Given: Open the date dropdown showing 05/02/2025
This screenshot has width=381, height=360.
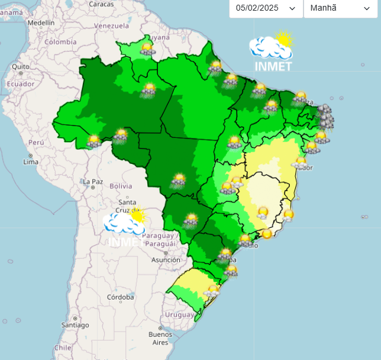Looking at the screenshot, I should [x=266, y=8].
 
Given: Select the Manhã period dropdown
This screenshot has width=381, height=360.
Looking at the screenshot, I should [x=340, y=8].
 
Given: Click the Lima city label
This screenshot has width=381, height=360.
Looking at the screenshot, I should [x=30, y=162].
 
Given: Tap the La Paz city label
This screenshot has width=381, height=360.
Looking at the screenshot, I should [x=93, y=181].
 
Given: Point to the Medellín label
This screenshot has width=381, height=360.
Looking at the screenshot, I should [x=41, y=22].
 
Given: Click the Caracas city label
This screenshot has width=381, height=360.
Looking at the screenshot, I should [x=101, y=4].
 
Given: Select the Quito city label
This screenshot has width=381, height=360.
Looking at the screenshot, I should [x=20, y=67].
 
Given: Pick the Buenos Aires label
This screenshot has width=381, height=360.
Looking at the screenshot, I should [x=160, y=338].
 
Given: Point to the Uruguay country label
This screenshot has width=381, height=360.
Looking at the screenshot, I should [x=179, y=314].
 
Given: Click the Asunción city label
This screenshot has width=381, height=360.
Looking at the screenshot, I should [x=166, y=259].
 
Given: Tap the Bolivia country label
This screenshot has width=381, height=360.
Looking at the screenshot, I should [x=121, y=186].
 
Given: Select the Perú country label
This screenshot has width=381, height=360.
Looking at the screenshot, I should [x=36, y=143].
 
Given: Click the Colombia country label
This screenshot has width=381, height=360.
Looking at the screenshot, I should [x=60, y=42].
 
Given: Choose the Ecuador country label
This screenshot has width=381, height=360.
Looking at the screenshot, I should [x=20, y=83].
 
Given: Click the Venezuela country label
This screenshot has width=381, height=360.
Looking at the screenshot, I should [x=111, y=26].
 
